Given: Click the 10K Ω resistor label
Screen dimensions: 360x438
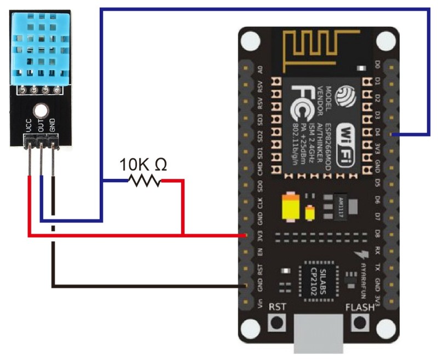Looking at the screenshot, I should (x=143, y=164).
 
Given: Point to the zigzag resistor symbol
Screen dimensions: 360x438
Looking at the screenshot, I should (x=144, y=180).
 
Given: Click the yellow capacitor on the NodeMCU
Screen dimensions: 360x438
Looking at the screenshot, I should (x=289, y=208).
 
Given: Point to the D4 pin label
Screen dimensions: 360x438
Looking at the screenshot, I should (x=377, y=131).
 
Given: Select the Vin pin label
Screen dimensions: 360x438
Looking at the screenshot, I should (x=260, y=302).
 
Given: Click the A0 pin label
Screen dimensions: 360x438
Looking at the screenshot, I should (x=260, y=69).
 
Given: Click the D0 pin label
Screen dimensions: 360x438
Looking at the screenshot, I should (x=377, y=65).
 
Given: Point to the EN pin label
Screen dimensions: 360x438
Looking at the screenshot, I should (x=260, y=252).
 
